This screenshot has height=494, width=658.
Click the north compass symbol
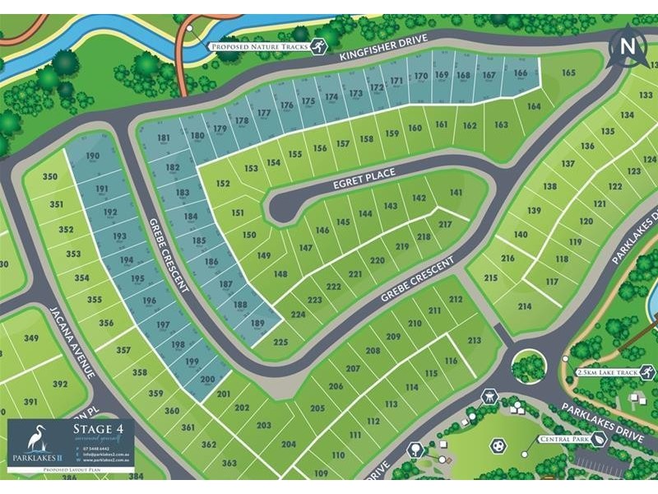pos(628,46)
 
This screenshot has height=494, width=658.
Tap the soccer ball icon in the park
pos(497,445)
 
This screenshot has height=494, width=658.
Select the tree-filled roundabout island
pos(527,366)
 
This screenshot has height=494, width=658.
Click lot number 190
pos(93,156)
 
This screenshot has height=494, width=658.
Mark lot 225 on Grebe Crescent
pos(280,342)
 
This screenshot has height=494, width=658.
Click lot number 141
pos(456,193)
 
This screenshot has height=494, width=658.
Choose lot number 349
pos(31,338)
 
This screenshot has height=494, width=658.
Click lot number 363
pos(229,463)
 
